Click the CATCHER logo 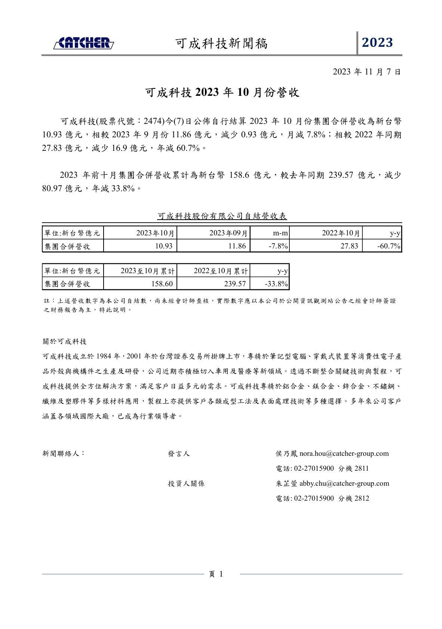coord(84,43)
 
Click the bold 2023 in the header coord(377,43)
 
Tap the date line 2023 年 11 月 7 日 coord(366,72)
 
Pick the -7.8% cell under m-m coord(278,246)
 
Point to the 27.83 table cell coord(349,246)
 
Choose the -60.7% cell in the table coord(389,246)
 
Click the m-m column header coord(280,233)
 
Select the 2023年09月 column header coord(228,233)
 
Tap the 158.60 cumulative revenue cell coord(162,284)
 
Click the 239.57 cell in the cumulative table coord(235,284)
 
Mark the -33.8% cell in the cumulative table coord(276,284)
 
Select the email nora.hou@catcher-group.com coord(344,454)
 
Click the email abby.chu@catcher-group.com coord(344,484)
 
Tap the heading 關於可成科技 coord(65,342)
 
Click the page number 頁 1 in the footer coord(216,574)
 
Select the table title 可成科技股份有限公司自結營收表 coord(222,216)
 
